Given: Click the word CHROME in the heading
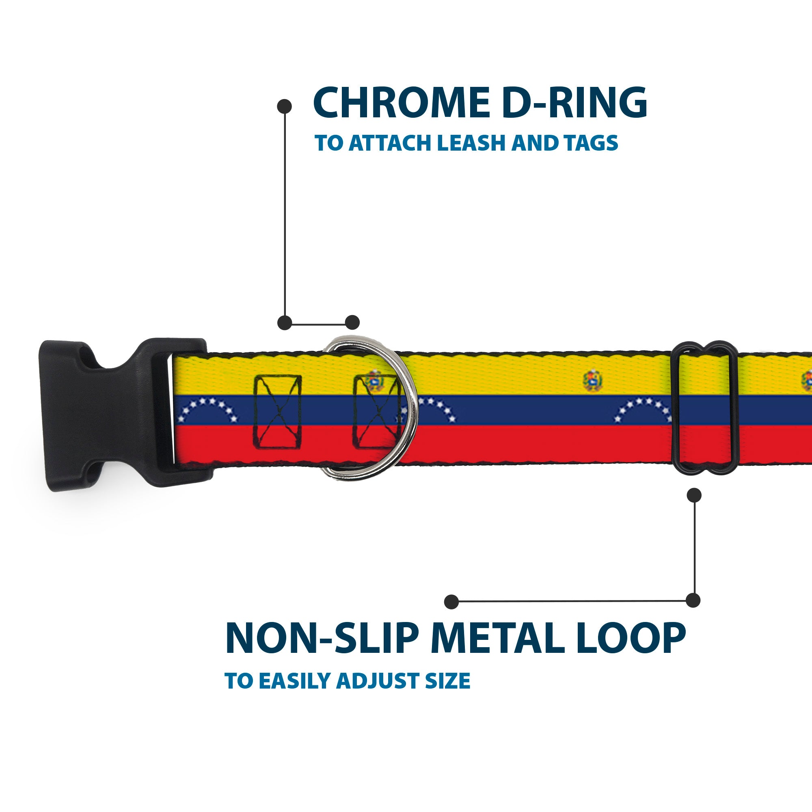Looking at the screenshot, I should pos(402,103).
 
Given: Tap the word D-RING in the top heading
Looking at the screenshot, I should pos(574,103).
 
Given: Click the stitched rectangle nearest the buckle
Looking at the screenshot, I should pos(278,412).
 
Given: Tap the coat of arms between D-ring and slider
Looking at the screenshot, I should pos(593,381).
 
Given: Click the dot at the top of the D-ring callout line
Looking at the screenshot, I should pos(285,106).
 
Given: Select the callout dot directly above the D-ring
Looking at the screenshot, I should pos(352,322).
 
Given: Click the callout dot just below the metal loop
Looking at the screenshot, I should pos(694,495).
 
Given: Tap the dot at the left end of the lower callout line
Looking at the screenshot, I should pos(451,601).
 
